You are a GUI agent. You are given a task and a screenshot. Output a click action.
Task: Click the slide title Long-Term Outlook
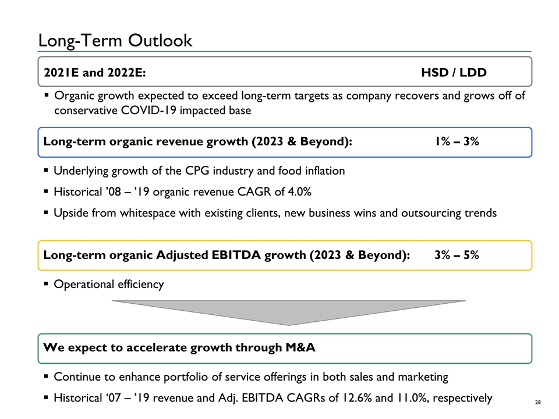[x=115, y=40]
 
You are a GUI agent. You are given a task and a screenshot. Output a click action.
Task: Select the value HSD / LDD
[x=454, y=72]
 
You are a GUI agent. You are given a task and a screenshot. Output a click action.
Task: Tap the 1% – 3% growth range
[x=457, y=142]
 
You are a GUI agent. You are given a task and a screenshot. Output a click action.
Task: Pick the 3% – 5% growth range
[x=457, y=255]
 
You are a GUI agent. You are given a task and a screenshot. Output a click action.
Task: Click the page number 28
[x=539, y=401]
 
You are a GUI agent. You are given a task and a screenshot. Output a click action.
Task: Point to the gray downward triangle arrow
[x=288, y=311]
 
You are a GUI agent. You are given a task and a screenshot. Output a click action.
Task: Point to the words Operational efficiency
[x=109, y=284]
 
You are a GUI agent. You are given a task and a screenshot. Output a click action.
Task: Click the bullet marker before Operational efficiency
[x=46, y=284]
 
